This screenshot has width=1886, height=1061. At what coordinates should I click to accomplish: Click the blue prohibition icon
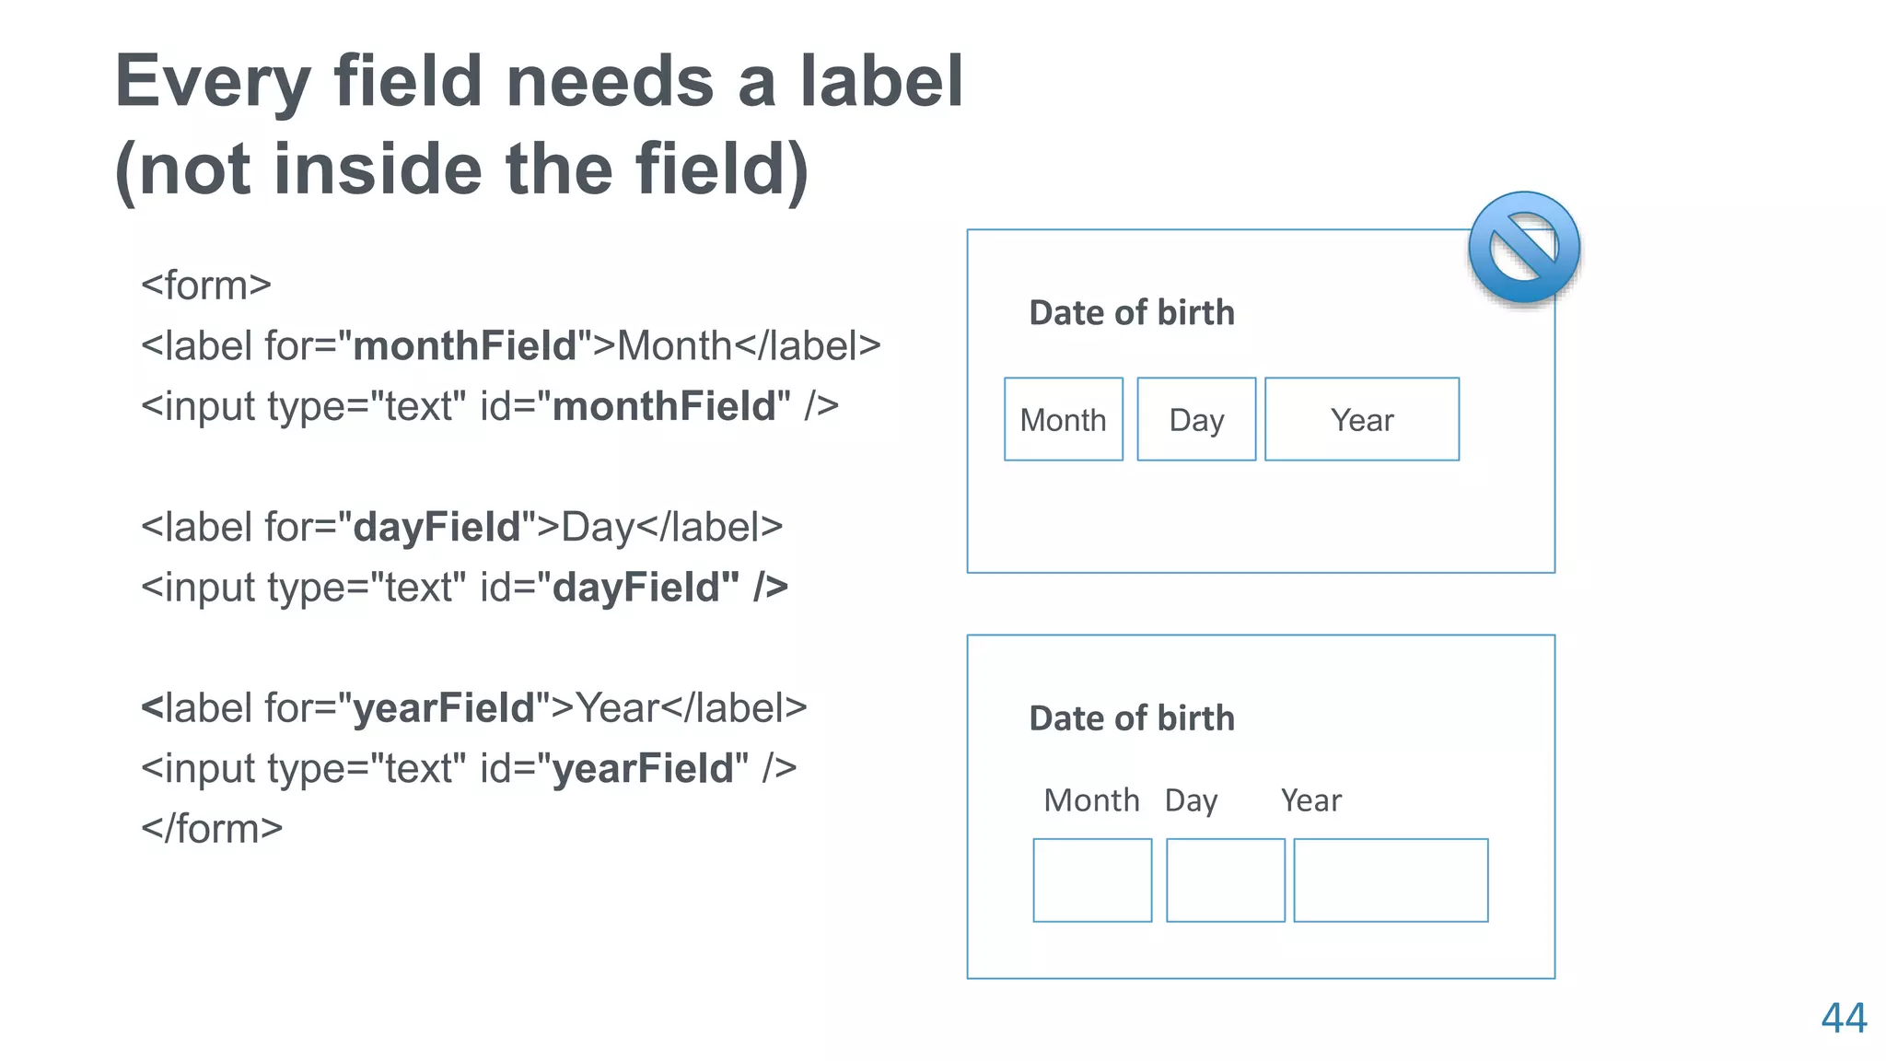pos(1524,248)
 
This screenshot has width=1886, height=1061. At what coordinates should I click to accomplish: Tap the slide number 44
pos(1844,1019)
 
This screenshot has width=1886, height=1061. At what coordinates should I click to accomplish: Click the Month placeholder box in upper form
pos(1064,419)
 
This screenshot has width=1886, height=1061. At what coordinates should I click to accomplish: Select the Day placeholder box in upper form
pos(1196,419)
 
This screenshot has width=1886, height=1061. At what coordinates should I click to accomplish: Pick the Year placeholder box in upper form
pos(1362,419)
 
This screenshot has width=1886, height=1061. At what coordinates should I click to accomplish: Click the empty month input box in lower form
pos(1092,880)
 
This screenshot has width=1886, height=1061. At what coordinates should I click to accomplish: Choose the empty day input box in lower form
pos(1225,880)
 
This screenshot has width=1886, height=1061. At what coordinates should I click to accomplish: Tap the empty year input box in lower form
pos(1391,880)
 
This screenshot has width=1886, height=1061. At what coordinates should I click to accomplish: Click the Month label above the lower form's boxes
pos(1091,800)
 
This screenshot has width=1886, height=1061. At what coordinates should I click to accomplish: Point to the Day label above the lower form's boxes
pos(1191,801)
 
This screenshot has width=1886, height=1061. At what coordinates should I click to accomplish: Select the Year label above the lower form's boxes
pos(1310,800)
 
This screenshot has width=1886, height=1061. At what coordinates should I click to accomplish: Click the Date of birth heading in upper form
pos(1132,313)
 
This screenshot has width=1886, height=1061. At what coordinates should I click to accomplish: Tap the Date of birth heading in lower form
pos(1132,718)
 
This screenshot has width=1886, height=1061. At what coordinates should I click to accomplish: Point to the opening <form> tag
pos(206,286)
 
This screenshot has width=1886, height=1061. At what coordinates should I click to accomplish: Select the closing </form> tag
pos(212,829)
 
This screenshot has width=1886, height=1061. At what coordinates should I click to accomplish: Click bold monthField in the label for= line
pos(464,346)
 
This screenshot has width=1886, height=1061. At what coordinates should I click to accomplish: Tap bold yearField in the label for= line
pos(444,708)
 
